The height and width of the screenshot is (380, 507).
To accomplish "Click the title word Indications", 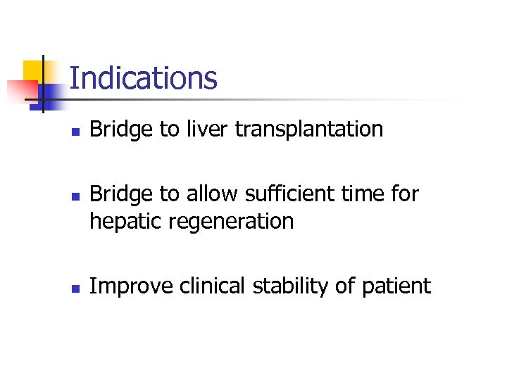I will pyautogui.click(x=144, y=78).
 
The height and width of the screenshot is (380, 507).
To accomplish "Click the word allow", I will pyautogui.click(x=208, y=194).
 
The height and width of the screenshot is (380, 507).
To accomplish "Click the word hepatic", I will pyautogui.click(x=121, y=222).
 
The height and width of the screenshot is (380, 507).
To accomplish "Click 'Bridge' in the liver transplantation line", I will pyautogui.click(x=120, y=130).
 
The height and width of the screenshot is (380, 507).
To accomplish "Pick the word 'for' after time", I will pyautogui.click(x=405, y=194).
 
